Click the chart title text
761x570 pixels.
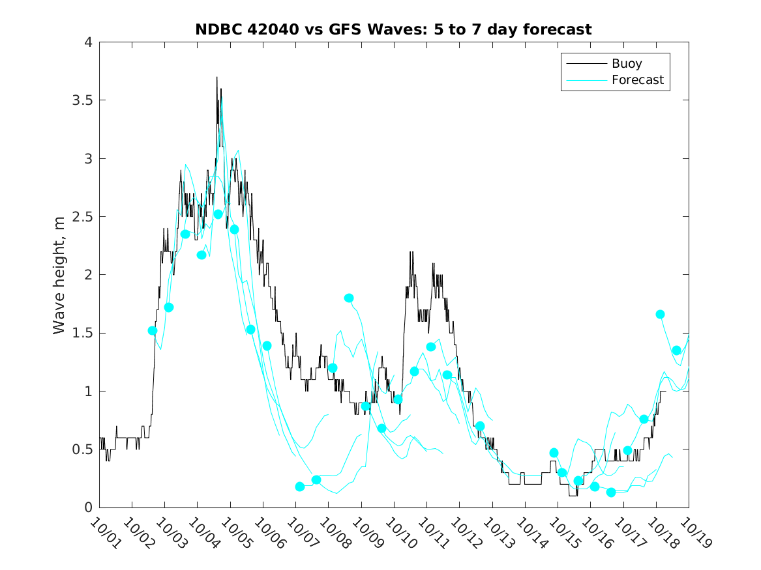point(393,29)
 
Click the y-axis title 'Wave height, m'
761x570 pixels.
point(60,275)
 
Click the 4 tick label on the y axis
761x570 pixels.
point(87,43)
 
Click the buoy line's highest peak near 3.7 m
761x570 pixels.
point(216,78)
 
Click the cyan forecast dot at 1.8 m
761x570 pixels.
point(349,298)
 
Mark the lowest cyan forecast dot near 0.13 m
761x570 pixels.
point(611,492)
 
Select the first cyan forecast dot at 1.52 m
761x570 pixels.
point(153,331)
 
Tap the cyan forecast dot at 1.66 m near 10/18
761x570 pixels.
point(660,315)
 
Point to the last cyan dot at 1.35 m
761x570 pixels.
point(676,350)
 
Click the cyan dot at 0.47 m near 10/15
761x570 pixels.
point(554,453)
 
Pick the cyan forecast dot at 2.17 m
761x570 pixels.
point(201,255)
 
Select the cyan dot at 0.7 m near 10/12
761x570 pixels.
point(480,426)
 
